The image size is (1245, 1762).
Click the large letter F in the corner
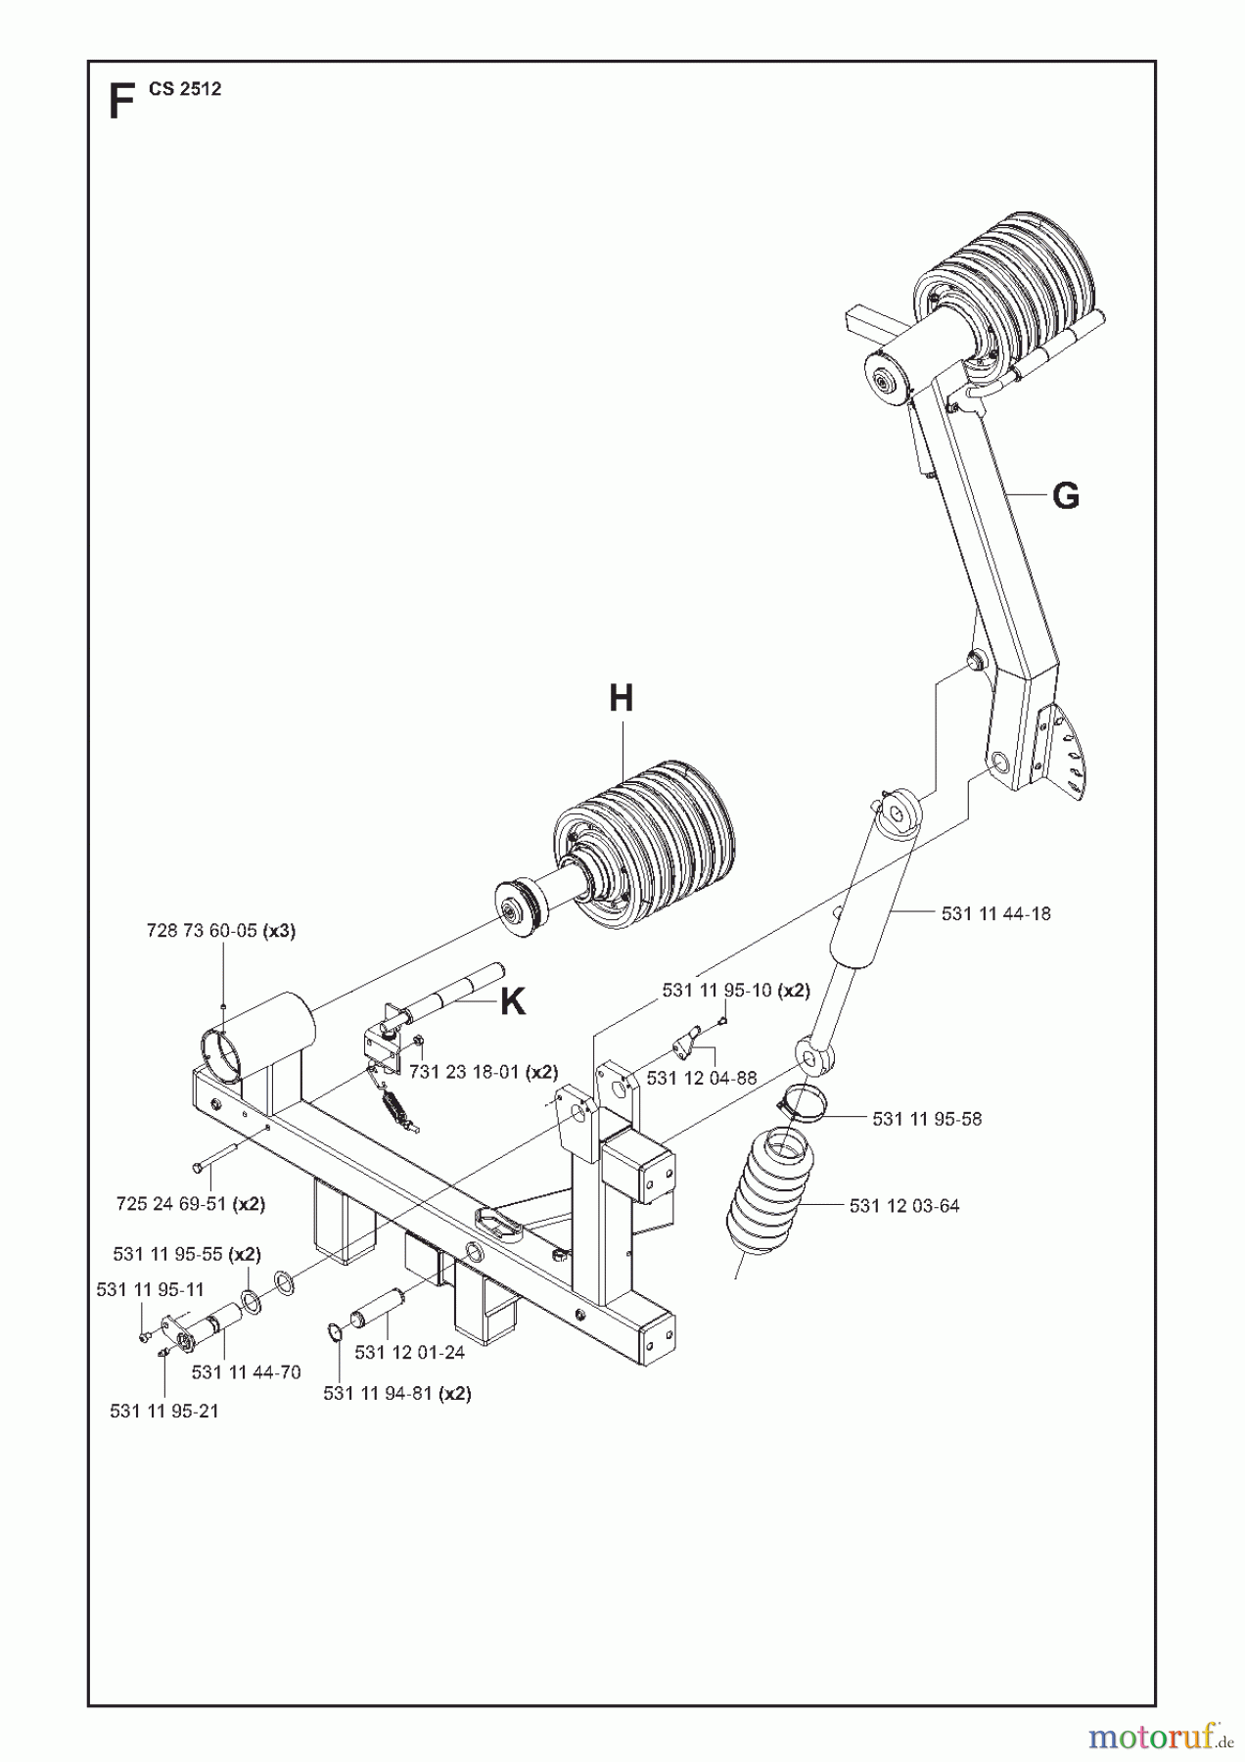coord(120,102)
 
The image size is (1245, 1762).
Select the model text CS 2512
coord(185,89)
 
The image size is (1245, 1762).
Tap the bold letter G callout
coord(1065,496)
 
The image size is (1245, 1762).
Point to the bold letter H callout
coord(621,699)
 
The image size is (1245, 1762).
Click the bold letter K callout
coord(513,1001)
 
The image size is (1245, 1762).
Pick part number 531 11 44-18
coord(995,913)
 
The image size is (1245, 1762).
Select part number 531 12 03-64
coord(903,1206)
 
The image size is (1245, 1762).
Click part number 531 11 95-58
coord(926,1118)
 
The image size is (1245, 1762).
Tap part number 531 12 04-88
coord(701,1078)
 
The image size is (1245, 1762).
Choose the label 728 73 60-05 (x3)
coord(220,931)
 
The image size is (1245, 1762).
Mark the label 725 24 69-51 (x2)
coord(190,1204)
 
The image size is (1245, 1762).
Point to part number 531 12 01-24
coord(409,1353)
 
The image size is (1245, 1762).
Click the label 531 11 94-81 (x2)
coord(396,1393)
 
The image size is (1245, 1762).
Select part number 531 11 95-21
coord(163,1411)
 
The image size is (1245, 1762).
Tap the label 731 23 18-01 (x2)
coord(483,1072)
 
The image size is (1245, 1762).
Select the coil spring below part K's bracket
coord(395,1110)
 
